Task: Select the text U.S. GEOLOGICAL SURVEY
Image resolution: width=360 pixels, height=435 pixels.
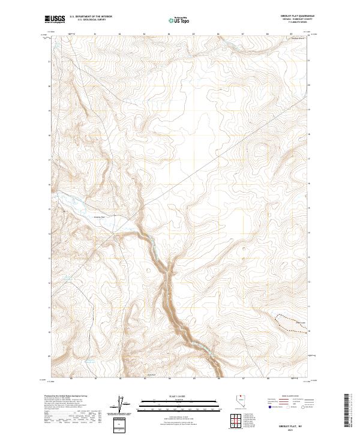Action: coord(91,20)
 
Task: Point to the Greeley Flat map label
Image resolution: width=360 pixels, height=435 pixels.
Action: coord(100,217)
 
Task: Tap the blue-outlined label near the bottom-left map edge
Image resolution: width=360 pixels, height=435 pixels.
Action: coord(90,362)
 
